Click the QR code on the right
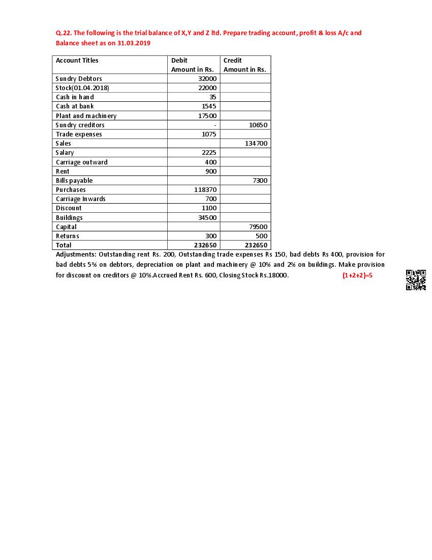(x=416, y=280)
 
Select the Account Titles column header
(x=77, y=60)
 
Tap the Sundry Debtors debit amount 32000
(x=207, y=78)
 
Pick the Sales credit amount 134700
(x=256, y=144)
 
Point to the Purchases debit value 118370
(x=205, y=189)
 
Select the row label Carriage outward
(x=82, y=162)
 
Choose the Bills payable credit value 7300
(x=260, y=180)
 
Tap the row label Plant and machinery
(x=86, y=116)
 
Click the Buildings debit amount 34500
(x=207, y=217)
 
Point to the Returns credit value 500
(x=261, y=236)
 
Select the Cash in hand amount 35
(x=212, y=97)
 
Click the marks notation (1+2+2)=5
(x=358, y=275)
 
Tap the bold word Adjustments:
(x=76, y=254)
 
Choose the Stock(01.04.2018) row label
(x=82, y=88)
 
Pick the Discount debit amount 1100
(x=209, y=208)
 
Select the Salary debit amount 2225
(x=209, y=153)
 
